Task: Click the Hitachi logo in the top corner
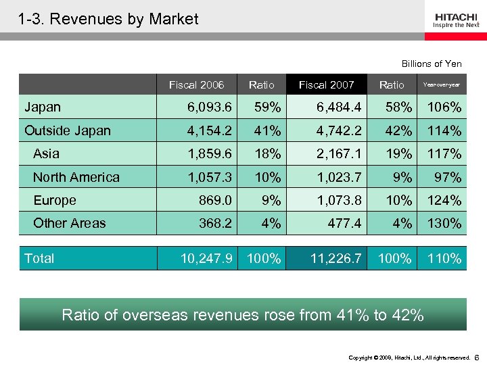457,20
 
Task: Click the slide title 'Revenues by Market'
109,19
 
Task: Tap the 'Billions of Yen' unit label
432,64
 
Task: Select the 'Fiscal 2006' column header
196,84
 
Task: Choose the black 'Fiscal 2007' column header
327,84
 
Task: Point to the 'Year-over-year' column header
441,84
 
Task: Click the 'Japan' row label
43,107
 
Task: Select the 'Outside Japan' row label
68,130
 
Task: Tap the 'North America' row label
76,177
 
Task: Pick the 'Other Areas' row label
69,223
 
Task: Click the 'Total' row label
39,258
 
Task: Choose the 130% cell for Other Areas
444,223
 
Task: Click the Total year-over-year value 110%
444,258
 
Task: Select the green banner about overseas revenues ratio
243,314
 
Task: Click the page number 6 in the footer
477,356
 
